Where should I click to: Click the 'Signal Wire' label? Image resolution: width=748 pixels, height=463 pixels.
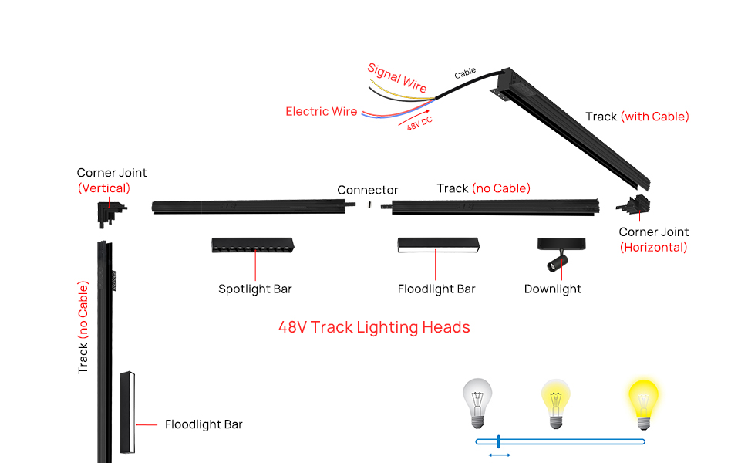click(x=396, y=78)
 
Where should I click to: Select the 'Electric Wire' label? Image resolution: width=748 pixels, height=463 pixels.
click(x=322, y=112)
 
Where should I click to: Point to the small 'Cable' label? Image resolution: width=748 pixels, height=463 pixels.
click(x=465, y=74)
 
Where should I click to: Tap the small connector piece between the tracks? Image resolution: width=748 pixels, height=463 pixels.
click(x=369, y=205)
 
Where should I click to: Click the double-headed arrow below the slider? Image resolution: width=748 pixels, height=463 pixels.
click(x=500, y=456)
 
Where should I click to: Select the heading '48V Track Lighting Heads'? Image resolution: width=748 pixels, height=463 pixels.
click(x=374, y=327)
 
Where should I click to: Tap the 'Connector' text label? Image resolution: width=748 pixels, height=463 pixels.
click(x=368, y=190)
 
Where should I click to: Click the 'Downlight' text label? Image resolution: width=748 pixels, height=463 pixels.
click(x=553, y=289)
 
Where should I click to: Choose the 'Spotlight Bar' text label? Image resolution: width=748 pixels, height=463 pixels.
click(x=255, y=289)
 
